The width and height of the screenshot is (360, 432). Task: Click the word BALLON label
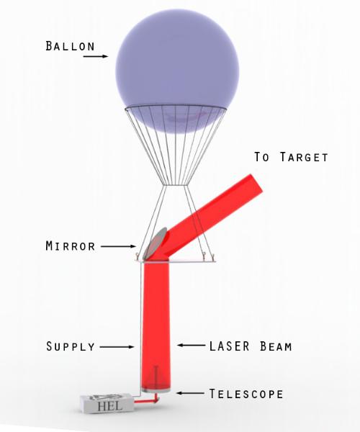[71, 46]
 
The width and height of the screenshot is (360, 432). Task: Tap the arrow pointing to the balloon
[96, 56]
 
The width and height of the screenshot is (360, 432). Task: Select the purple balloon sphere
[177, 71]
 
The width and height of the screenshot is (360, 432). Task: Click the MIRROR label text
[71, 246]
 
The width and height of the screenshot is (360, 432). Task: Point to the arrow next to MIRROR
[118, 246]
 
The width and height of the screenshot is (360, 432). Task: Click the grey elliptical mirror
[156, 243]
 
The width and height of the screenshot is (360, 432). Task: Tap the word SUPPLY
[71, 346]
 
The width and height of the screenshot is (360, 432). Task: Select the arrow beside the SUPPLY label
[117, 347]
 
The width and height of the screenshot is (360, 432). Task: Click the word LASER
[230, 346]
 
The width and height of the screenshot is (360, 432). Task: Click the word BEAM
[276, 346]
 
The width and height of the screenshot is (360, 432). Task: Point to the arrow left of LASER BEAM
[191, 345]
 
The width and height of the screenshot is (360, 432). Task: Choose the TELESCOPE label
[246, 394]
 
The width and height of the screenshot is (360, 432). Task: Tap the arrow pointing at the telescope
[191, 393]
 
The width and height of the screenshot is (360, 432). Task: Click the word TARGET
[304, 157]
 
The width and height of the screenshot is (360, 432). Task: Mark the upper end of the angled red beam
[256, 181]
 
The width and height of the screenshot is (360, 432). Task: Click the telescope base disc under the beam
[156, 390]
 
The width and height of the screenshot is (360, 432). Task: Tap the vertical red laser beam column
[156, 325]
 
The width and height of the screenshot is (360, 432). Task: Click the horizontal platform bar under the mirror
[176, 261]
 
